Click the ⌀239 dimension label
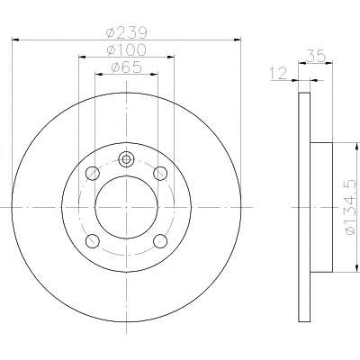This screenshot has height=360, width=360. pos(127,32)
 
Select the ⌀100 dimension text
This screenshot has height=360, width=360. pos(127,49)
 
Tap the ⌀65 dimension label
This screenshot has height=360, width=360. pos(126,67)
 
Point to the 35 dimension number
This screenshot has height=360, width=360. pos(316,56)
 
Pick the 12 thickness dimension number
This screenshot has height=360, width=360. pos(279,74)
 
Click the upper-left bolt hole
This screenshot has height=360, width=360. pos(93,173)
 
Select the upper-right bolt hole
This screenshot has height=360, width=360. pos(160,173)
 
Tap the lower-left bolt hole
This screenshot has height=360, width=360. pos(93,241)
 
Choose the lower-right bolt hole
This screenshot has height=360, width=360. pos(160,241)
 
